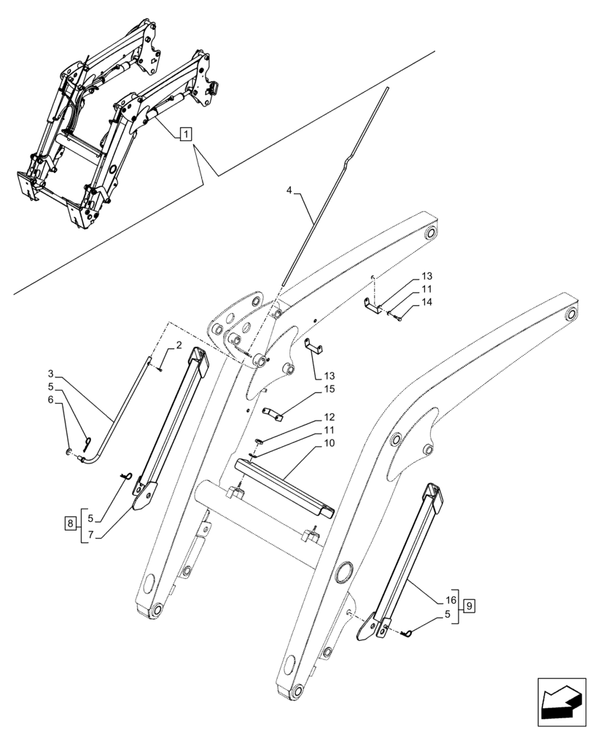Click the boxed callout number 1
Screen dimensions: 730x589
tap(186, 134)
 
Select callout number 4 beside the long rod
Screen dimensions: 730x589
tap(289, 191)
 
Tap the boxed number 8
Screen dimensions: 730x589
tap(69, 523)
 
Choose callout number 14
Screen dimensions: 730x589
tap(426, 301)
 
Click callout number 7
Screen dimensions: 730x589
tap(91, 536)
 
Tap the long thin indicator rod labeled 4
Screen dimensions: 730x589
tap(335, 182)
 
